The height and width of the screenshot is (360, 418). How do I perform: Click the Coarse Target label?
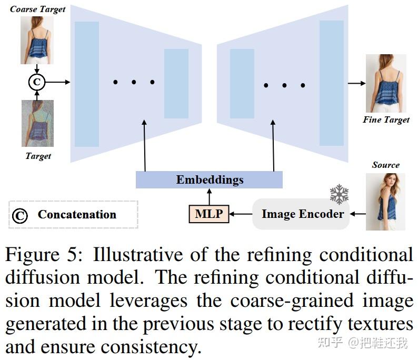[x=38, y=9]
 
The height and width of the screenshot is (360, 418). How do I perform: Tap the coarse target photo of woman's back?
[x=37, y=40]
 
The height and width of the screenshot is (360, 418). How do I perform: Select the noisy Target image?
[x=38, y=123]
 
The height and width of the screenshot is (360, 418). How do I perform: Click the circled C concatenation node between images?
[x=37, y=82]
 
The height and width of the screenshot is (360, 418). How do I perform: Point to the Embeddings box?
[x=209, y=180]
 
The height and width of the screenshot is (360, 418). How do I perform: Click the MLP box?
[x=209, y=214]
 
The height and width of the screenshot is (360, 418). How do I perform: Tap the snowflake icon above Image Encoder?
[x=340, y=195]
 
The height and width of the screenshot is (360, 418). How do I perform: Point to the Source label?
[x=385, y=165]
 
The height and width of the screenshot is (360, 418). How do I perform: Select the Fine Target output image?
[x=385, y=83]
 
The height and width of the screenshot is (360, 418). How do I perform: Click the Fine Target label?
[x=385, y=120]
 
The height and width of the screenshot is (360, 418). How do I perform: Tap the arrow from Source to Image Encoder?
[x=358, y=214]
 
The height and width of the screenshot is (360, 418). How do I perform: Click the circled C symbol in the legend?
[x=20, y=215]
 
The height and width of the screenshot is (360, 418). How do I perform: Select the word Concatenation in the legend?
[x=77, y=214]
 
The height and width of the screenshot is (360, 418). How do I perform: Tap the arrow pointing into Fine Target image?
[x=356, y=83]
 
